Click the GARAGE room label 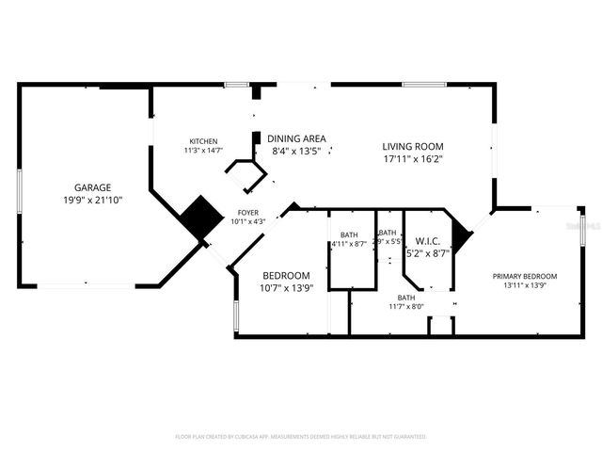[x=93, y=186]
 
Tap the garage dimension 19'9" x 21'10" [x=93, y=200]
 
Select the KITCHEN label [x=203, y=141]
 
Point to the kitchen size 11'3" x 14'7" [x=203, y=151]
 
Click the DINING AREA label [x=296, y=137]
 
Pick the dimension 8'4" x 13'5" [x=296, y=151]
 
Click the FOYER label [x=248, y=213]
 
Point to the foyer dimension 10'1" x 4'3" [x=248, y=221]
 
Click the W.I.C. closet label [x=428, y=240]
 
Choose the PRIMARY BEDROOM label [x=525, y=276]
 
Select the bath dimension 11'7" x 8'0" [x=405, y=306]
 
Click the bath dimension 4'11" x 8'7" [x=349, y=245]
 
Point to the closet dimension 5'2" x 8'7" [x=428, y=253]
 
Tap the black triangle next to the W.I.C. [x=460, y=235]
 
